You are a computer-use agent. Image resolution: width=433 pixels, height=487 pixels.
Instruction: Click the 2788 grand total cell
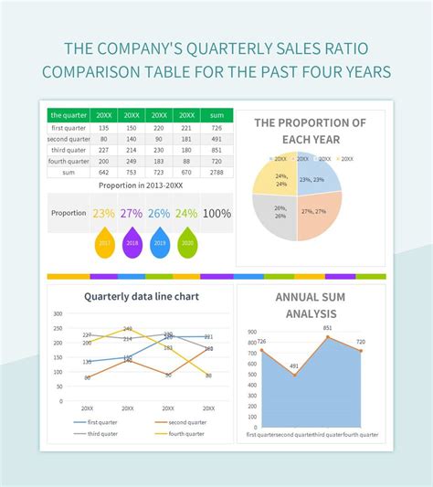click(216, 172)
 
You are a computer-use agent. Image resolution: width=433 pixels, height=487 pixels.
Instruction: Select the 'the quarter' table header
click(69, 115)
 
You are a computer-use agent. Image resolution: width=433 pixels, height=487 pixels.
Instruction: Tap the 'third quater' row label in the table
click(69, 150)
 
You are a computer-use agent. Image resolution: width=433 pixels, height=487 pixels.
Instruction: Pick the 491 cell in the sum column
click(216, 139)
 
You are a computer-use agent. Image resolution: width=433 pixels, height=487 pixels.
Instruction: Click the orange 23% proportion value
click(103, 213)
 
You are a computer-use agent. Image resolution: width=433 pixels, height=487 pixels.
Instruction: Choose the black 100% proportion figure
click(216, 213)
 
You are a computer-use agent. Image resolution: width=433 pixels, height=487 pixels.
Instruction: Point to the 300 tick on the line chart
click(58, 313)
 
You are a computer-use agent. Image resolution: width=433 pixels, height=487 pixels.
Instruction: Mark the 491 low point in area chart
click(294, 375)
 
